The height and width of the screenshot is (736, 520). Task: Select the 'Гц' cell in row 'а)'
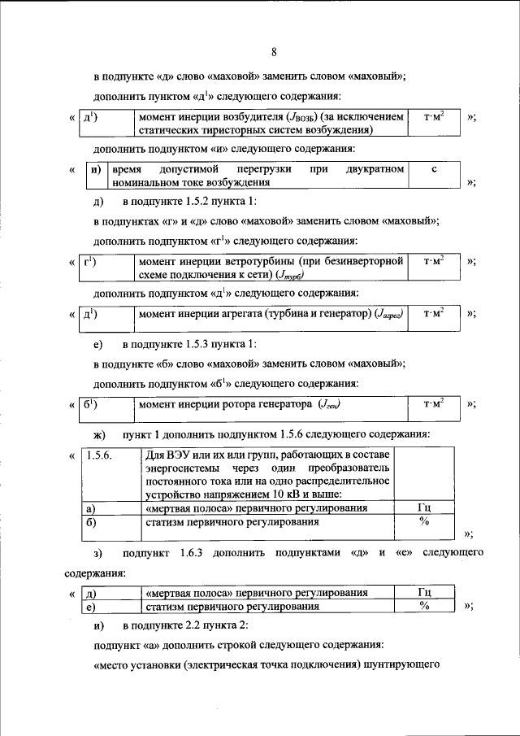423,508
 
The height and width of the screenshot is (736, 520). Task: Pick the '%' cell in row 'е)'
423,607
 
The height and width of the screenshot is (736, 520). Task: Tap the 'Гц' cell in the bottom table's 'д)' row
423,593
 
